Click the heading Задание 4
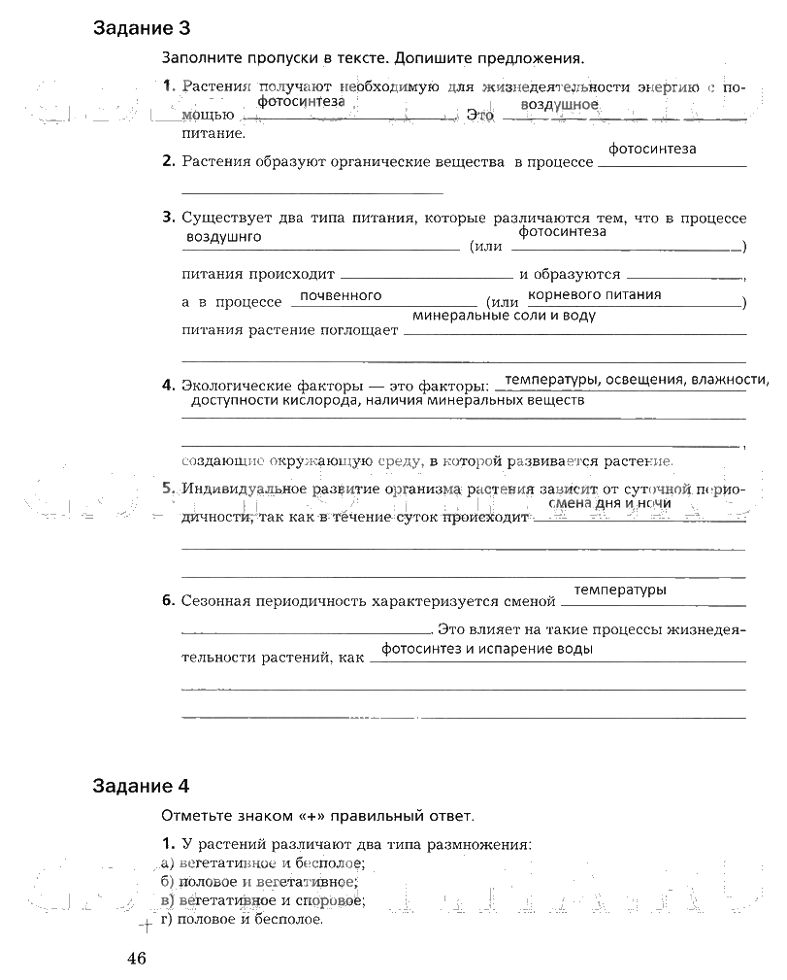(x=142, y=786)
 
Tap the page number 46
(x=135, y=959)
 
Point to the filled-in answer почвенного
(x=341, y=295)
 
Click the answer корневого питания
(x=595, y=294)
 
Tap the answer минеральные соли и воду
(x=504, y=316)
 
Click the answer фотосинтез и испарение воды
(x=487, y=649)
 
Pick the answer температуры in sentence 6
(x=620, y=590)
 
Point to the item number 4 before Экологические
(x=168, y=385)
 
